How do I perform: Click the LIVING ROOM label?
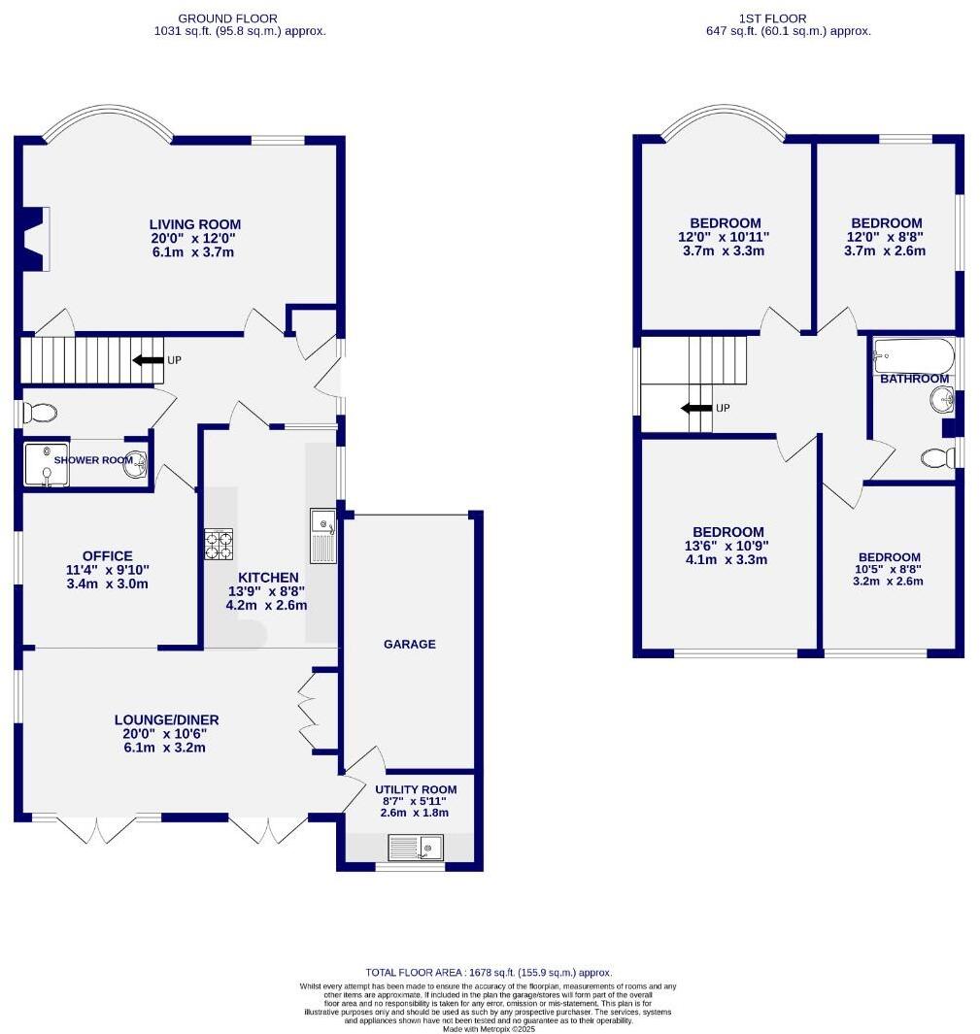click(194, 224)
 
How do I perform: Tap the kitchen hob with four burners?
click(219, 545)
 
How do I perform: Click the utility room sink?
click(416, 848)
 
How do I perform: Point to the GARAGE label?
click(410, 645)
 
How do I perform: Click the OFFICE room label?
click(108, 556)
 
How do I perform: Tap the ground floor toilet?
click(40, 414)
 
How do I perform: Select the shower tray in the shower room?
click(47, 465)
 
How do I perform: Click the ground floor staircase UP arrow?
click(148, 360)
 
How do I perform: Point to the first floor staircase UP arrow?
click(696, 408)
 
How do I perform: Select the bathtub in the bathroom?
click(913, 356)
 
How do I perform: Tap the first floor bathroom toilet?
click(937, 457)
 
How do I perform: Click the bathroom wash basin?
click(942, 400)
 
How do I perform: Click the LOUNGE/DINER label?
click(166, 720)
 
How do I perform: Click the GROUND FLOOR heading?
click(227, 18)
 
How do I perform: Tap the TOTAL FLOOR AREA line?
click(489, 972)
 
